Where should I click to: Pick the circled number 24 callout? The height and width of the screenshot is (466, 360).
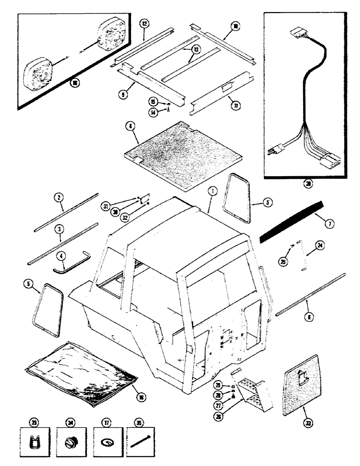point(320,245)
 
